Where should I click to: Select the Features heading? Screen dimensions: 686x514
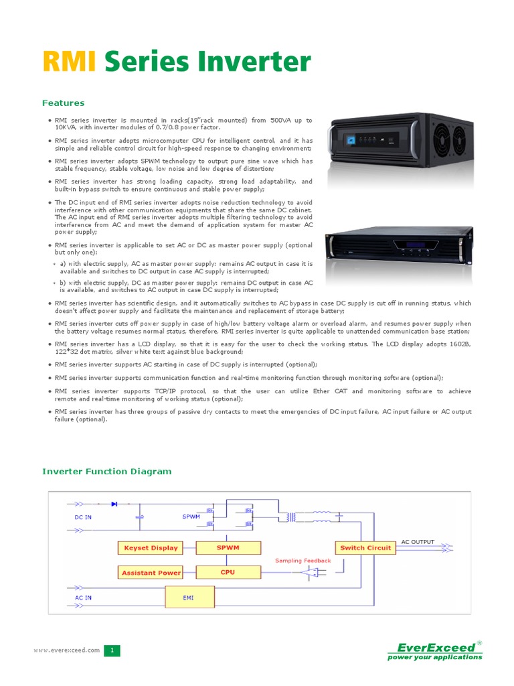tap(64, 103)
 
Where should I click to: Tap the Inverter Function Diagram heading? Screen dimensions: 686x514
tap(107, 472)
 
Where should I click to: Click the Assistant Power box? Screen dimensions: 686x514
tap(151, 573)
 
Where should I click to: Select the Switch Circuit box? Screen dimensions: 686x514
tap(365, 548)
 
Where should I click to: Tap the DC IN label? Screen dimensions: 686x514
tap(83, 517)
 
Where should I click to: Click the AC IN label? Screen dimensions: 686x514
tap(83, 597)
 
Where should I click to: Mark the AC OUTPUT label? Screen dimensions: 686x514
tap(418, 541)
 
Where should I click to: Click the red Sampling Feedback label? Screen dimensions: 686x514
tap(303, 561)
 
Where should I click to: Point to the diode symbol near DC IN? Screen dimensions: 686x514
tap(114, 503)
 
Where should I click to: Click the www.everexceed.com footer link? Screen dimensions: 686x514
tap(67, 650)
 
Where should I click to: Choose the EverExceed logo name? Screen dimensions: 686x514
tap(437, 647)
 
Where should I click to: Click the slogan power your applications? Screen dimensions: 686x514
tap(435, 657)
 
